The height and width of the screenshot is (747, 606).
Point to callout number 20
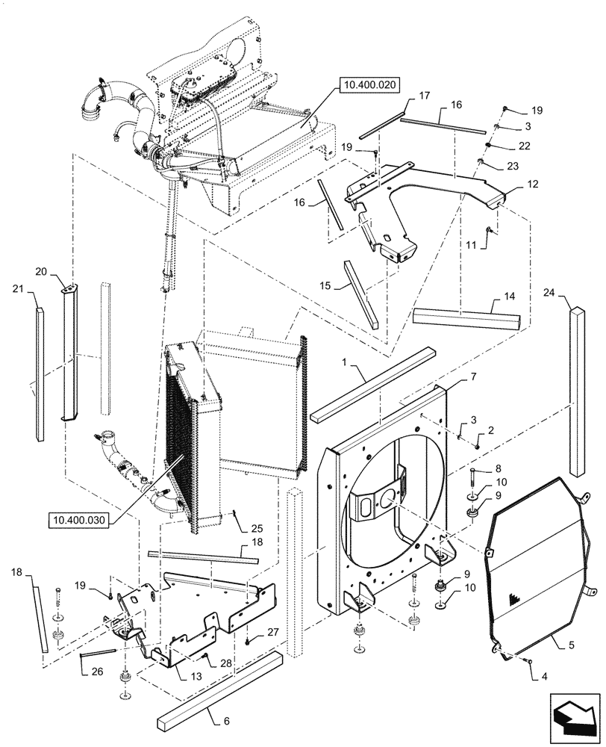(x=61, y=272)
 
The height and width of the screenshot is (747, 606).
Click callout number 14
(x=510, y=296)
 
